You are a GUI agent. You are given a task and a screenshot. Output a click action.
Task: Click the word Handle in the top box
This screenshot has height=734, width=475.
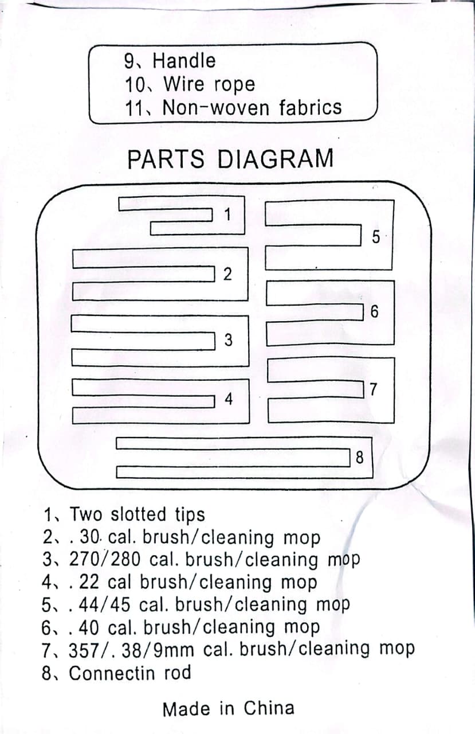tap(184, 60)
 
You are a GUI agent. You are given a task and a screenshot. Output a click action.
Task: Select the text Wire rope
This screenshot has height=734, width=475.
tap(209, 84)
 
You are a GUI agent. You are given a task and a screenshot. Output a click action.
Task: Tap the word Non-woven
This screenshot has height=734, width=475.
tap(218, 108)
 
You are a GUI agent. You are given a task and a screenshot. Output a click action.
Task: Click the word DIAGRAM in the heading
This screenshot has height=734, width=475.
tap(276, 159)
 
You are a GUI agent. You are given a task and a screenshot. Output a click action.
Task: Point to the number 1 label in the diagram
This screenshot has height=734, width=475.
tap(227, 215)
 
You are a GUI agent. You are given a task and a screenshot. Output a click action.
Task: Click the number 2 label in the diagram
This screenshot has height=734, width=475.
tap(227, 275)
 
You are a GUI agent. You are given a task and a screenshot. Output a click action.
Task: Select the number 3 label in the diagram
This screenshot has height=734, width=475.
tap(228, 340)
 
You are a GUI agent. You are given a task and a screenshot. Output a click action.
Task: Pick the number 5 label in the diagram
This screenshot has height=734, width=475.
tap(376, 236)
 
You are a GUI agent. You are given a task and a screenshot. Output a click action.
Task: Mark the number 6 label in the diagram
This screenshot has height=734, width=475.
tap(375, 312)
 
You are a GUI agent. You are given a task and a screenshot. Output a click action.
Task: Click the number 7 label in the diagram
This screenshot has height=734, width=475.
tap(374, 390)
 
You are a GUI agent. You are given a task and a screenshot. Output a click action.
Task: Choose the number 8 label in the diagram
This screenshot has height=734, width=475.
tap(359, 458)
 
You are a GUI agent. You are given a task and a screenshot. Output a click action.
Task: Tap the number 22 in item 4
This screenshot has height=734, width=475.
tap(91, 582)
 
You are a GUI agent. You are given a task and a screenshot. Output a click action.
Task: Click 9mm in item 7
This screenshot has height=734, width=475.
tap(174, 650)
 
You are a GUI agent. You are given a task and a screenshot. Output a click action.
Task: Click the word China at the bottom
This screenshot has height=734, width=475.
tap(269, 708)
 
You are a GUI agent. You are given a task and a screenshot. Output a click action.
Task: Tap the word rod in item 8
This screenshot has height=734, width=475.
tap(177, 673)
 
